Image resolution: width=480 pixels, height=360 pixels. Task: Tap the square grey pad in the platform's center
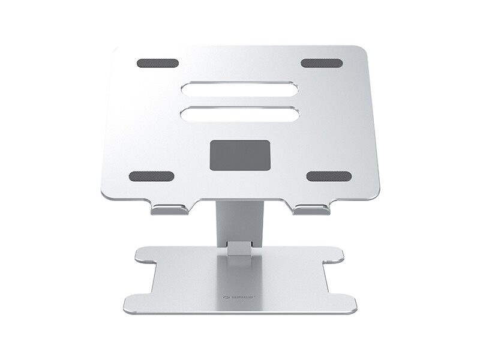(x=239, y=155)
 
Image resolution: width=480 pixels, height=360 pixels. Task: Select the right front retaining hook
(x=312, y=210)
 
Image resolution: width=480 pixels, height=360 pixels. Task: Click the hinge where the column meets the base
(x=239, y=249)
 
